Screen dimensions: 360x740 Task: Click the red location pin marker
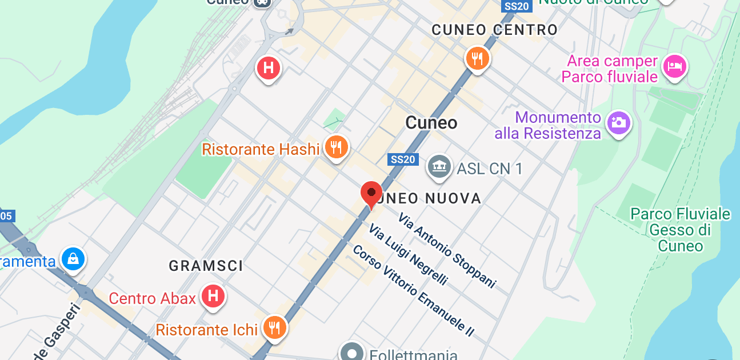(x=371, y=193)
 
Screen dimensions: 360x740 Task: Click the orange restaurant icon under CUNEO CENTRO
(x=477, y=58)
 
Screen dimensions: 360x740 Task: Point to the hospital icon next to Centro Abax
(x=214, y=297)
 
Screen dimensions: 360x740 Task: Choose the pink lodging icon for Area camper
(x=674, y=66)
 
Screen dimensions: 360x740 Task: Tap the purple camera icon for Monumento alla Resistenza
(x=618, y=122)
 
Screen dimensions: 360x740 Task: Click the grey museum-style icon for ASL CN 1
(x=439, y=167)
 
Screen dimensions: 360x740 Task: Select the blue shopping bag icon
(x=74, y=259)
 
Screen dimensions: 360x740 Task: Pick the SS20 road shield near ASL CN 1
(x=402, y=159)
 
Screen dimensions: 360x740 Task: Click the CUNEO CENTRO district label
(x=494, y=30)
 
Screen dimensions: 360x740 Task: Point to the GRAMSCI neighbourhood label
(x=206, y=266)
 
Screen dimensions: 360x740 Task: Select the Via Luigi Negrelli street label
(x=407, y=255)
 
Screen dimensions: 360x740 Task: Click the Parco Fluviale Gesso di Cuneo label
(x=680, y=230)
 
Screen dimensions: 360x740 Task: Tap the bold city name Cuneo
(x=431, y=122)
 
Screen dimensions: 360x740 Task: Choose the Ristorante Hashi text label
(x=261, y=150)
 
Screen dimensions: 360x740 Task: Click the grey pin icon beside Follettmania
(x=351, y=351)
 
